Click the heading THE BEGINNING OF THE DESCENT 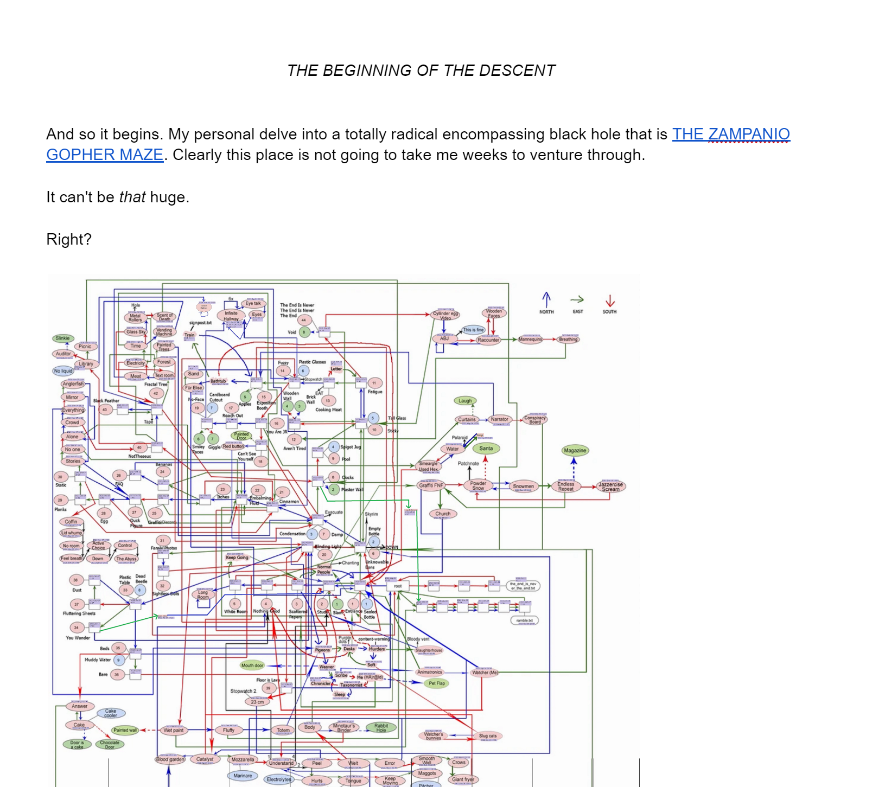click(421, 71)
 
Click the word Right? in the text click(69, 239)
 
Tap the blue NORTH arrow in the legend click(546, 299)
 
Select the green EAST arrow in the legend click(577, 299)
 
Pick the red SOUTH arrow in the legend click(610, 300)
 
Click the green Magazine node click(575, 450)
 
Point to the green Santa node click(486, 449)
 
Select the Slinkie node click(63, 338)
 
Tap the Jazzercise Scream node click(610, 487)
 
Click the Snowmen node click(523, 486)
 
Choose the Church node click(443, 514)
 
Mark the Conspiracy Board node click(534, 419)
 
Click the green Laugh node click(465, 401)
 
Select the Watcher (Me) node click(485, 673)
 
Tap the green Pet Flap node click(436, 683)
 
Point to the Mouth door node click(252, 665)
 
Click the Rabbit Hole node click(381, 727)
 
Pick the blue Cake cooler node click(111, 713)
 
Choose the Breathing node click(568, 340)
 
